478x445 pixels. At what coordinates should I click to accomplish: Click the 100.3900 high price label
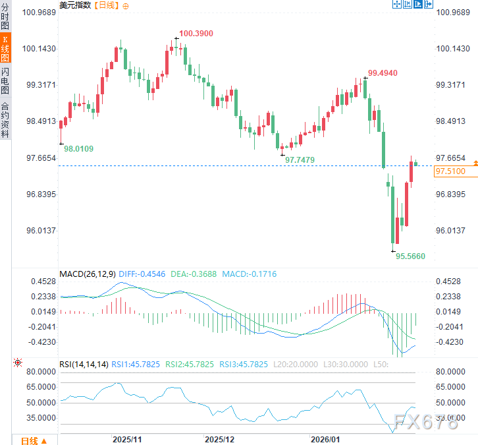pos(196,33)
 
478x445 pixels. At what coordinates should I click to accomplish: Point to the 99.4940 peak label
pos(383,73)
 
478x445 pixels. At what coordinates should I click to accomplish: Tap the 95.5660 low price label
pos(410,256)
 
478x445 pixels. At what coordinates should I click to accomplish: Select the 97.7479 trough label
pos(300,160)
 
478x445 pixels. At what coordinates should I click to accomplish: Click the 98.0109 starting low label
pos(78,149)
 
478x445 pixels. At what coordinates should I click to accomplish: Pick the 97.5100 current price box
pos(450,171)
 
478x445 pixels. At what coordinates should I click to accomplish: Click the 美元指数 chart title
pos(74,5)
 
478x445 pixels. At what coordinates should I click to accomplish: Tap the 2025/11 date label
pos(127,438)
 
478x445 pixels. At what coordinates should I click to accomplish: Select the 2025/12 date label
pos(219,438)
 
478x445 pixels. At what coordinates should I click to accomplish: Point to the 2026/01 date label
pos(326,438)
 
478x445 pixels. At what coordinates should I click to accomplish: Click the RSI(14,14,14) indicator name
pos(84,365)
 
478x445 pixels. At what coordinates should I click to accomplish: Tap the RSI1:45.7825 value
pos(135,365)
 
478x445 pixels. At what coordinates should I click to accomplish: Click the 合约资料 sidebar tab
pos(5,119)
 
